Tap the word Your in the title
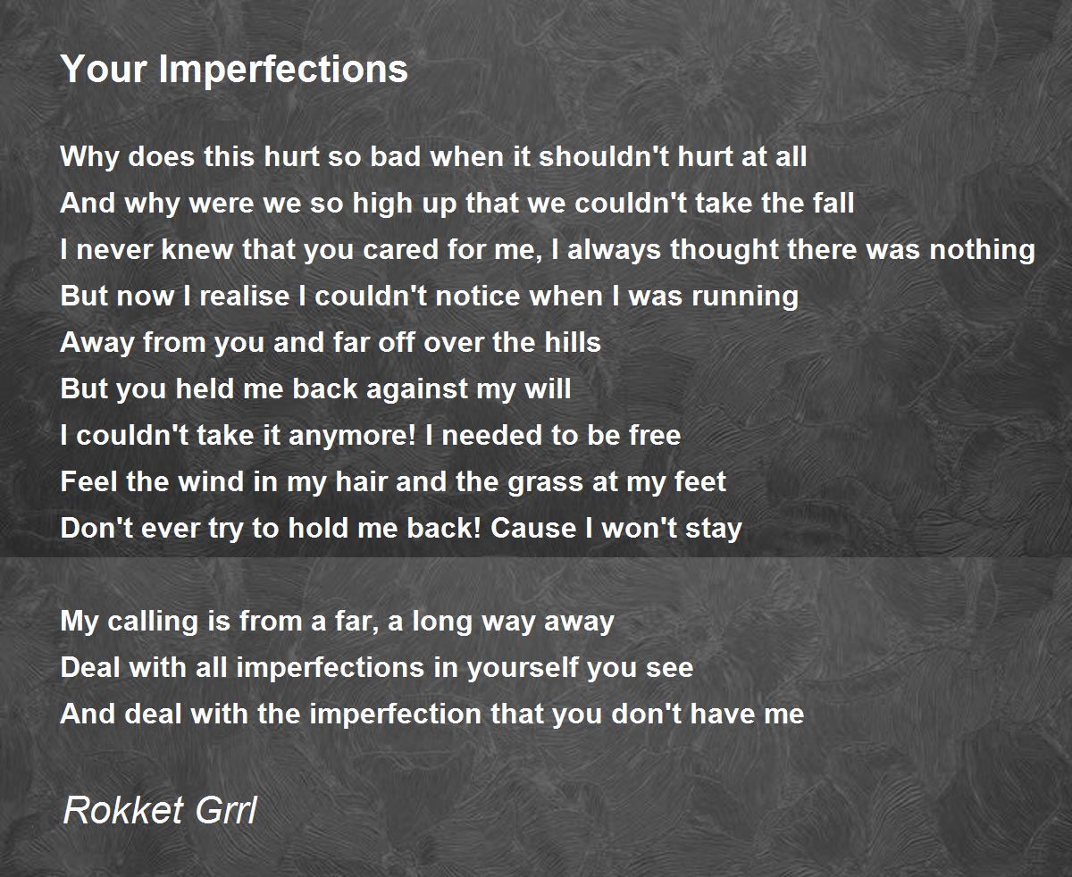105,69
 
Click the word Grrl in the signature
226,810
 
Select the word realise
244,297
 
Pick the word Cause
533,529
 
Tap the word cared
400,250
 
